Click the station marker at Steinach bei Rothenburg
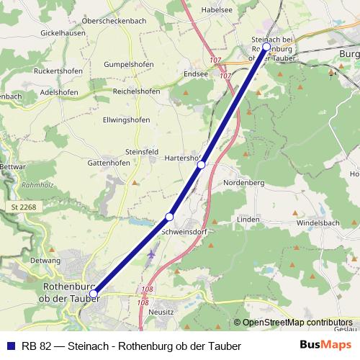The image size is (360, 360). tap(266, 47)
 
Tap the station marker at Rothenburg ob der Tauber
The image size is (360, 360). tap(93, 293)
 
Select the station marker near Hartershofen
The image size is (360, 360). tap(202, 164)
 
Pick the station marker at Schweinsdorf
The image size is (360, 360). tap(169, 216)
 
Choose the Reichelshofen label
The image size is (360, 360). tap(136, 91)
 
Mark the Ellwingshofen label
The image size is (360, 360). tap(126, 119)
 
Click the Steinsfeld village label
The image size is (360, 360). tap(142, 152)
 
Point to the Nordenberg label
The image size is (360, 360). tap(245, 183)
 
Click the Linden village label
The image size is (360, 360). tap(248, 218)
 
